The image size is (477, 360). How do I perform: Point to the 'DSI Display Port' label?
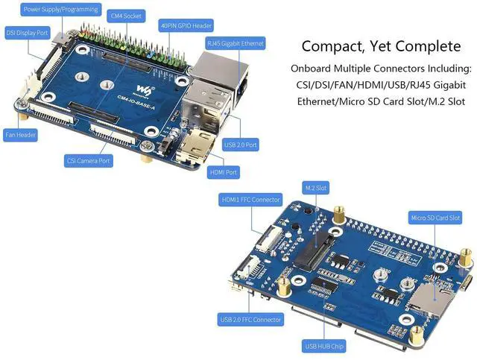(x=28, y=33)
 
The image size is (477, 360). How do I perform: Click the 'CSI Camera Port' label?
(x=88, y=160)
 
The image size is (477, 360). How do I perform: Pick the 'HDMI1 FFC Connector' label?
(x=250, y=200)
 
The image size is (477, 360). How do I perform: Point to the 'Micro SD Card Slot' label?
(x=436, y=218)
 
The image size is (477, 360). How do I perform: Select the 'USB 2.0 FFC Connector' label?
(x=250, y=320)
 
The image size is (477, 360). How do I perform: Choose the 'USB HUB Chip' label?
(x=323, y=347)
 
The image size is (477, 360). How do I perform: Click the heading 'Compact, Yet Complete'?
(x=381, y=46)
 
